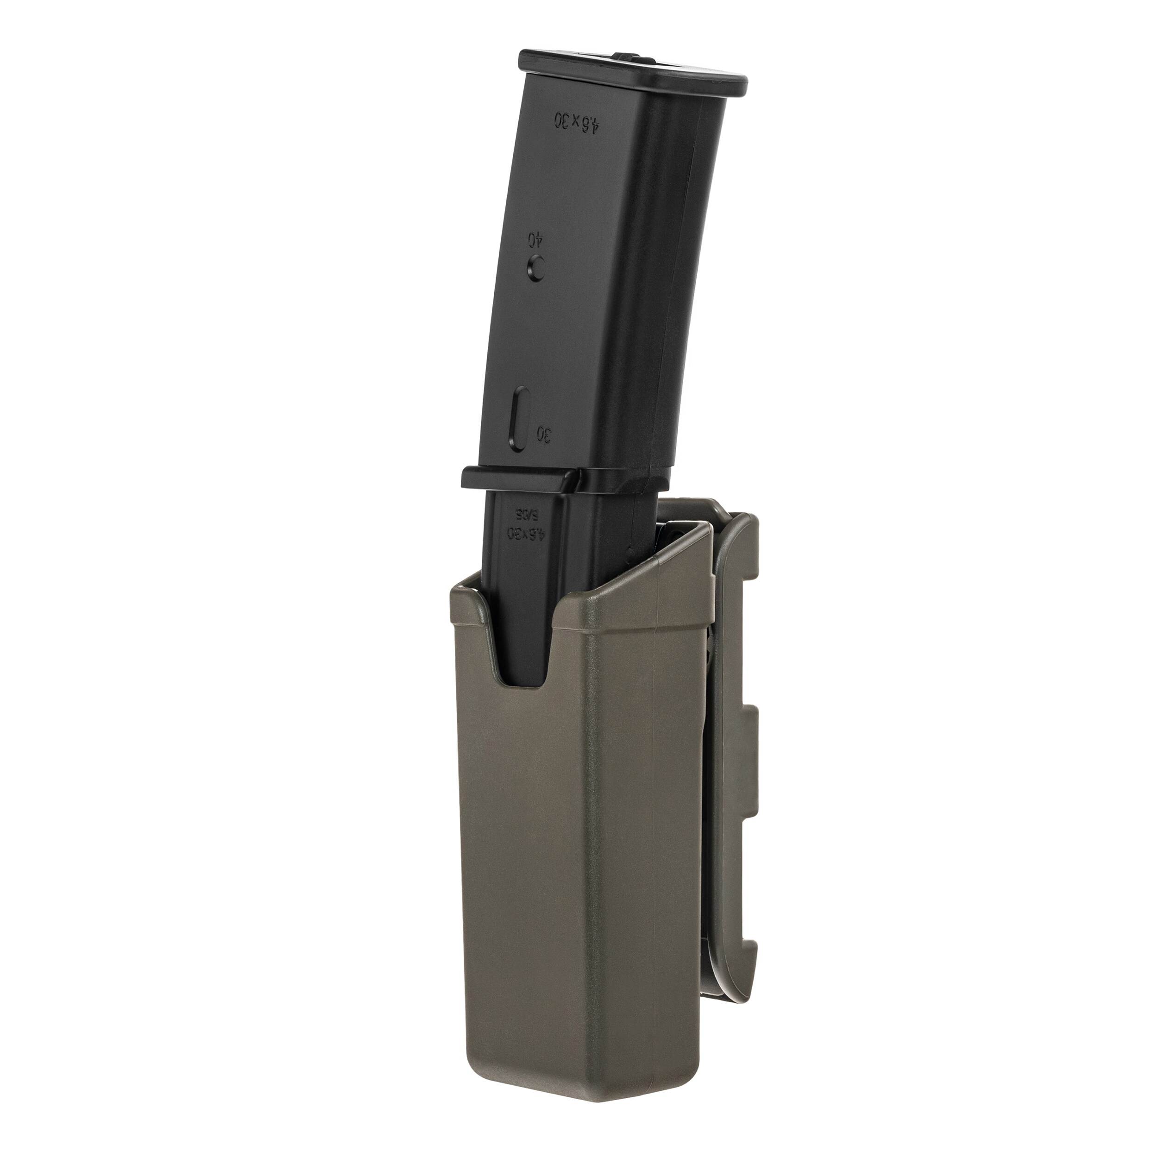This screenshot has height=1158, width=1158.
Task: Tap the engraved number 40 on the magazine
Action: tap(532, 239)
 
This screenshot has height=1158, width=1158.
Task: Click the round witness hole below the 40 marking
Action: tap(536, 268)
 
